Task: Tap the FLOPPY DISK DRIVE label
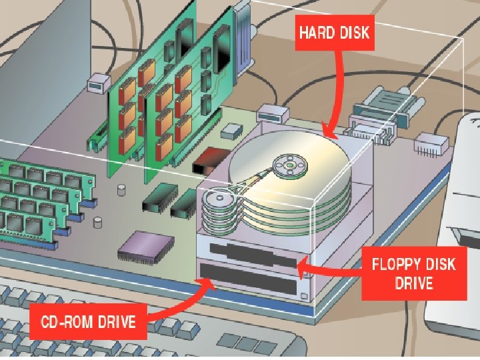coord(413,273)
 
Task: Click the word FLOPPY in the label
coord(395,264)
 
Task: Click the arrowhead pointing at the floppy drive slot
coord(302,267)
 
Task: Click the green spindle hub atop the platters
coord(291,165)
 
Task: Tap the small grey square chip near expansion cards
coord(232,130)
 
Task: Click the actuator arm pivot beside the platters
coord(217,199)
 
